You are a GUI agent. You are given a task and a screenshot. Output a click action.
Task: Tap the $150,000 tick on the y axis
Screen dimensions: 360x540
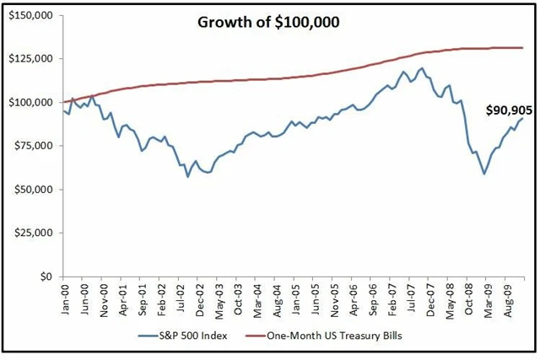30,15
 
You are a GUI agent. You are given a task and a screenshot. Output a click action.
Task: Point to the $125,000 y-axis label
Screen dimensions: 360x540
30,59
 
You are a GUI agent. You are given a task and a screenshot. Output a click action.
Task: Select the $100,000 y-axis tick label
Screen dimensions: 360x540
30,102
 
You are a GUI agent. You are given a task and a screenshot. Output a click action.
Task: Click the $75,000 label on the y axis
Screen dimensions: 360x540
32,146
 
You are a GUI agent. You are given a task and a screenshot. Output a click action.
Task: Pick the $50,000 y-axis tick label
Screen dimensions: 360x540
32,189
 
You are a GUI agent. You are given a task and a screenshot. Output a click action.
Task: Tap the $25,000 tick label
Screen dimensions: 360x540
32,233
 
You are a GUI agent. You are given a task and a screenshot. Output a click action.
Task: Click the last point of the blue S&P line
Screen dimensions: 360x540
521,118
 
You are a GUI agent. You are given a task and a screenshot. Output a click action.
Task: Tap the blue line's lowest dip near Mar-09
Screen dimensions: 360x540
483,174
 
